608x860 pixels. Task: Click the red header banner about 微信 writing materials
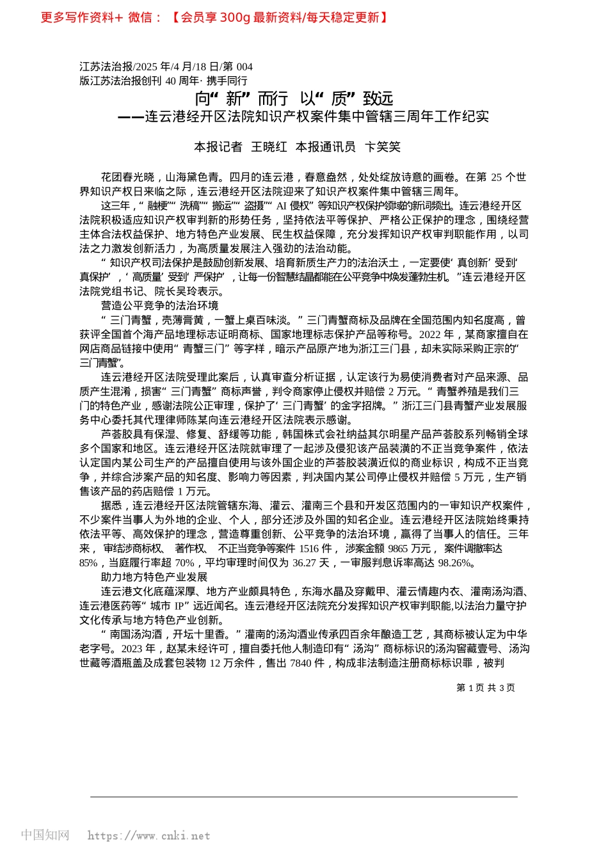(214, 17)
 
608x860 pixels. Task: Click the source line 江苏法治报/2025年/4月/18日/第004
(166, 67)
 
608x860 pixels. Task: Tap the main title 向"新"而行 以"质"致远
(294, 99)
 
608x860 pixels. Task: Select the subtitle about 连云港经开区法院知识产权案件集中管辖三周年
(303, 116)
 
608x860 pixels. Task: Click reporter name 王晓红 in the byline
(269, 147)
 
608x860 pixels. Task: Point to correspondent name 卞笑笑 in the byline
(382, 147)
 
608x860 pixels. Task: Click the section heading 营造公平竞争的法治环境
(159, 306)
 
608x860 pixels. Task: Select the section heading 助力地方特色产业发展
(154, 577)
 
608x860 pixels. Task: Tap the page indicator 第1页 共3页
(485, 688)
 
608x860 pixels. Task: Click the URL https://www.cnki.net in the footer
(148, 836)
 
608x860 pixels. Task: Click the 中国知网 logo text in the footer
(45, 835)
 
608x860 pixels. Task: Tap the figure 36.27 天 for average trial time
(312, 563)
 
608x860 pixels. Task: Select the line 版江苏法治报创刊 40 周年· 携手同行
(163, 81)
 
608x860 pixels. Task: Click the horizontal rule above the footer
(303, 797)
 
